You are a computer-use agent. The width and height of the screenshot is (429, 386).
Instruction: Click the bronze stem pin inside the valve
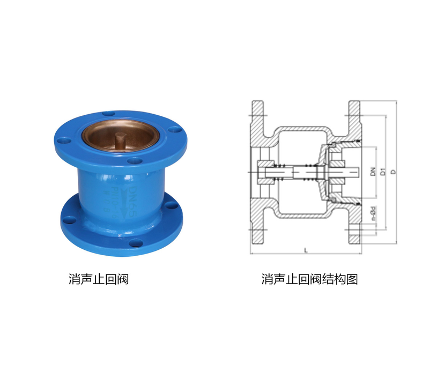point(120,140)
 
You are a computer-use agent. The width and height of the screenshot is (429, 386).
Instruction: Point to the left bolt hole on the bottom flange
point(69,218)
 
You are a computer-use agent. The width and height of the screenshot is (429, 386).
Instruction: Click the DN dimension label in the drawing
point(372,172)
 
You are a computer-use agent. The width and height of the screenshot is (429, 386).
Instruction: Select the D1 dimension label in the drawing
point(382,172)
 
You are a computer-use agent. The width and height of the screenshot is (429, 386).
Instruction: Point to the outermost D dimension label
point(393,172)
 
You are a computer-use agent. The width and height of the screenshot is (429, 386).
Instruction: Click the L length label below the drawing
point(305,250)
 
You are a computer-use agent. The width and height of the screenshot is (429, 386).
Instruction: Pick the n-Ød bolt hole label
point(372,213)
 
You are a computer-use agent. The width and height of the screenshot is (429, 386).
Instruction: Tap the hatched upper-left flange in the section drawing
point(258,115)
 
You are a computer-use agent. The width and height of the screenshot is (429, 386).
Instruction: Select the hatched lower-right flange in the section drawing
point(354,228)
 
